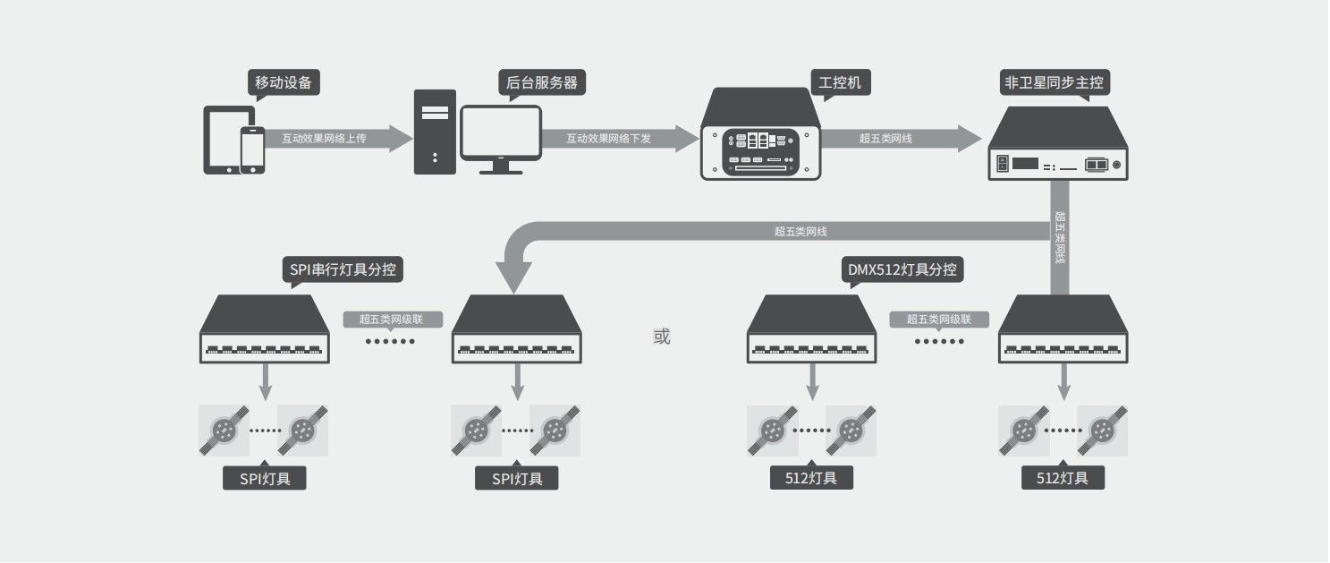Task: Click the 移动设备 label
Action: [284, 82]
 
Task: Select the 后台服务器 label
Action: [541, 82]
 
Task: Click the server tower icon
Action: [435, 132]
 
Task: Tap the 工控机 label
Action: [840, 82]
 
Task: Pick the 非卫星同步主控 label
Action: [1054, 83]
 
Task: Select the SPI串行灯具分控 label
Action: [343, 269]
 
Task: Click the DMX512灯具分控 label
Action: [902, 269]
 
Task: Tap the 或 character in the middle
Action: [662, 337]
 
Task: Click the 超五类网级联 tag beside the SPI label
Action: [393, 319]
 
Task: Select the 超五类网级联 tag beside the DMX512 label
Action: [939, 319]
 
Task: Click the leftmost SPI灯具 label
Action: [265, 478]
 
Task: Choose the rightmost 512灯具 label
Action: [1063, 478]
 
